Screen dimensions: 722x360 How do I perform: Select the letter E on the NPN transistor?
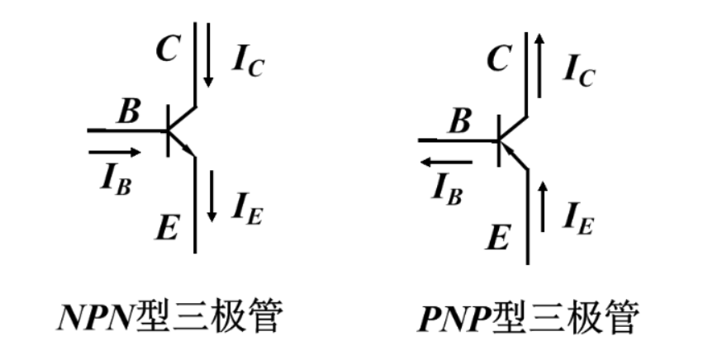click(168, 225)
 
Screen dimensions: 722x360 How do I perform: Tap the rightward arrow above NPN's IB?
click(115, 152)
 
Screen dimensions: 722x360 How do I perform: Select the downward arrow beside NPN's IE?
click(212, 197)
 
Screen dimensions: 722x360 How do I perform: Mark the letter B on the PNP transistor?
click(459, 121)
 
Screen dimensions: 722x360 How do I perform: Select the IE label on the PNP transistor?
click(579, 218)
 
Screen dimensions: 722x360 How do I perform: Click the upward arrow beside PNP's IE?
click(544, 206)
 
